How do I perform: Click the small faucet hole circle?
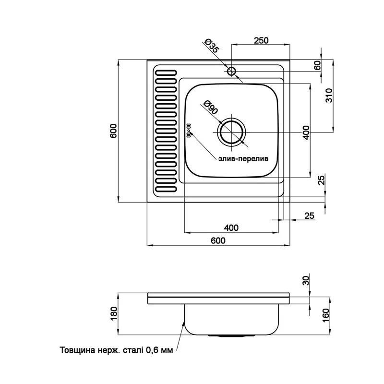pyautogui.click(x=232, y=72)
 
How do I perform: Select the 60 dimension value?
pyautogui.click(x=317, y=66)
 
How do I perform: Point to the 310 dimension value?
pyautogui.click(x=329, y=98)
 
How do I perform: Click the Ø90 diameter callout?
pyautogui.click(x=210, y=107)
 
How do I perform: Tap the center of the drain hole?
pyautogui.click(x=231, y=132)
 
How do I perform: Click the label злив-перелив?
pyautogui.click(x=243, y=158)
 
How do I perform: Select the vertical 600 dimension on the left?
pyautogui.click(x=114, y=131)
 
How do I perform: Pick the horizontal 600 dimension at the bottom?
pyautogui.click(x=217, y=241)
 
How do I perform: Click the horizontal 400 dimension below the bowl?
pyautogui.click(x=231, y=227)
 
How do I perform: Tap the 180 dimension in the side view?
pyautogui.click(x=114, y=314)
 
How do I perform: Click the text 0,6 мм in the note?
pyautogui.click(x=158, y=350)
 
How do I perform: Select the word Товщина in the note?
pyautogui.click(x=76, y=350)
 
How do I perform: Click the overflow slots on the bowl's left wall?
pyautogui.click(x=188, y=130)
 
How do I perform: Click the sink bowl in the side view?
pyautogui.click(x=232, y=319)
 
